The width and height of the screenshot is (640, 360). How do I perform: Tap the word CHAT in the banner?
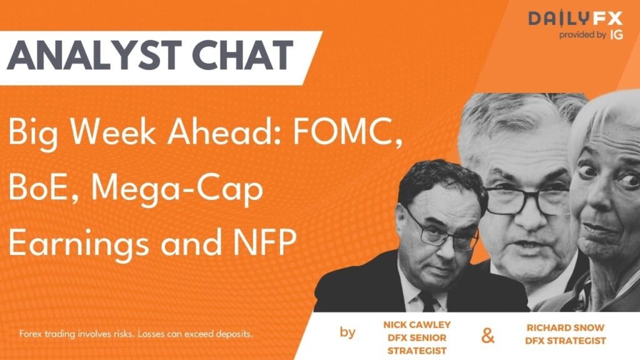click(x=240, y=55)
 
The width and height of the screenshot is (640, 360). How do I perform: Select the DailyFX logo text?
click(x=576, y=18)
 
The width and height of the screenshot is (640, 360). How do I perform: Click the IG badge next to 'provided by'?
click(x=616, y=36)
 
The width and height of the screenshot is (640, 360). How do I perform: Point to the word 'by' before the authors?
click(x=348, y=332)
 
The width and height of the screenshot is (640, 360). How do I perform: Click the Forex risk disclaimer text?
click(x=136, y=334)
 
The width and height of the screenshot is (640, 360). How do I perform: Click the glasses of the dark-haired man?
click(x=440, y=232)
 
